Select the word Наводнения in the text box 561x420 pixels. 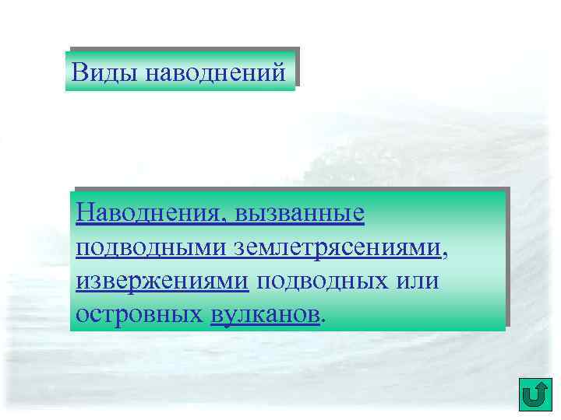pyautogui.click(x=148, y=212)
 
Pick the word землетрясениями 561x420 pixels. pyautogui.click(x=336, y=247)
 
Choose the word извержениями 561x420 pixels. pyautogui.click(x=163, y=281)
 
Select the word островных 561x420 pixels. pyautogui.click(x=139, y=315)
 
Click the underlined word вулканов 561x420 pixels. pyautogui.click(x=265, y=315)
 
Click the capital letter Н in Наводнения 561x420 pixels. pyautogui.click(x=84, y=212)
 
